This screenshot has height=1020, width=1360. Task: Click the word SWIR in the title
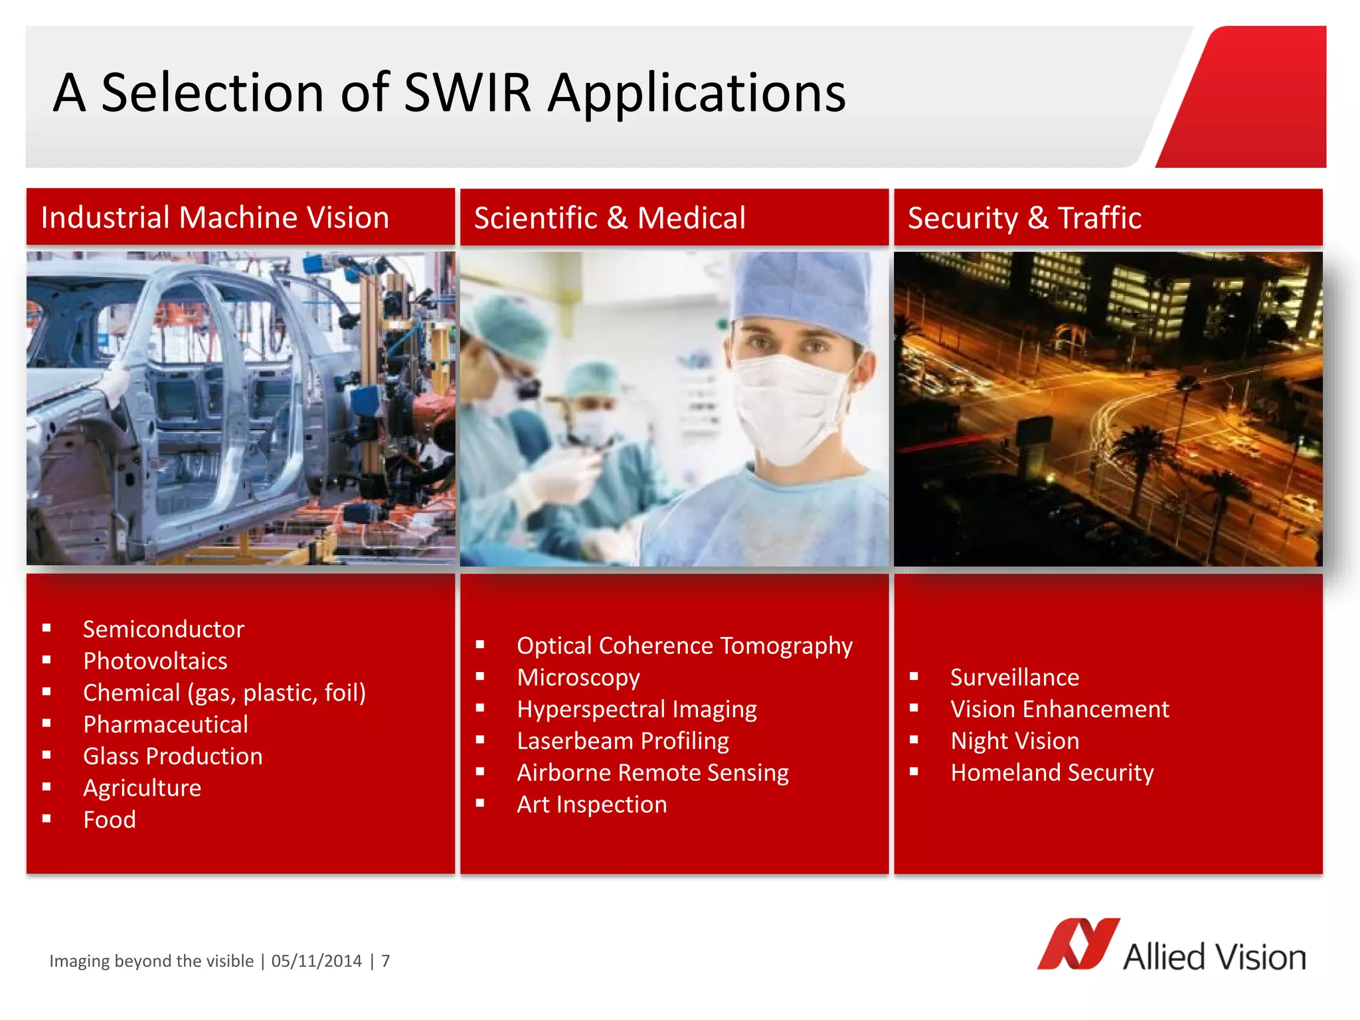tap(467, 93)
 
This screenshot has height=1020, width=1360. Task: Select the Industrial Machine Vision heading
tap(214, 218)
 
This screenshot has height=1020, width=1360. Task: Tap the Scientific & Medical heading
tap(610, 218)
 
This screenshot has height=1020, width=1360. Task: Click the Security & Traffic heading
tap(1024, 218)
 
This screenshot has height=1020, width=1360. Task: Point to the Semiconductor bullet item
tap(163, 629)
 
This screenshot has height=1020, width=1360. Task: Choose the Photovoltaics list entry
tap(155, 661)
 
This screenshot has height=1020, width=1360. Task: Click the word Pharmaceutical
tap(165, 724)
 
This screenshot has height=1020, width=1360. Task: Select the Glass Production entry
tap(173, 756)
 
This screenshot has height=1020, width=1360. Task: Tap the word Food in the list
tap(110, 820)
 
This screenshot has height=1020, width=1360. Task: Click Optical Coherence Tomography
tap(684, 645)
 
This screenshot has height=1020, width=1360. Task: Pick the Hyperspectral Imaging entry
tap(636, 709)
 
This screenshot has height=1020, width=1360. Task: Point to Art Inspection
tap(592, 805)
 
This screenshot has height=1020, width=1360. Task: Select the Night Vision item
tap(1014, 741)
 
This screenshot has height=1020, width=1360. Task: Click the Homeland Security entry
tap(1051, 773)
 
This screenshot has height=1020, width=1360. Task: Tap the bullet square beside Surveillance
tap(914, 677)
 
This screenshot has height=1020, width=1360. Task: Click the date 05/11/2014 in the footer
tap(317, 961)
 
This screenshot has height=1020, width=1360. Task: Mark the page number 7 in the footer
tap(385, 961)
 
